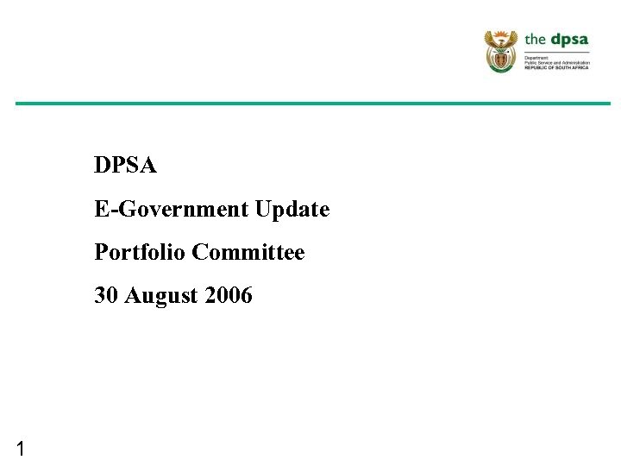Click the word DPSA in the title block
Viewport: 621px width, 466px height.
126,165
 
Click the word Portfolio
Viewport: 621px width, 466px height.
141,252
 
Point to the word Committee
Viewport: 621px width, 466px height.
248,252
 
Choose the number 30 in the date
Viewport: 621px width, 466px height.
106,296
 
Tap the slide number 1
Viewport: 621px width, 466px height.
20,448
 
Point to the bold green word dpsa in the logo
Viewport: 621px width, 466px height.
568,39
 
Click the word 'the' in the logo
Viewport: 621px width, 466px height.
536,39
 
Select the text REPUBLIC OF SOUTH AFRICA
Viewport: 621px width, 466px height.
557,67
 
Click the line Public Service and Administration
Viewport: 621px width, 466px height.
557,62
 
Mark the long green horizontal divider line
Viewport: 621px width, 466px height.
312,104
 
